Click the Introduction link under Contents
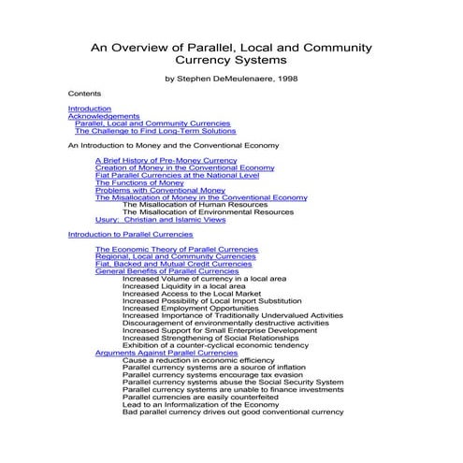90,109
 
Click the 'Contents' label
85,94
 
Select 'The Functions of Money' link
140,182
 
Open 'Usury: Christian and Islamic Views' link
161,220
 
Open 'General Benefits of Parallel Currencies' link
167,271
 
